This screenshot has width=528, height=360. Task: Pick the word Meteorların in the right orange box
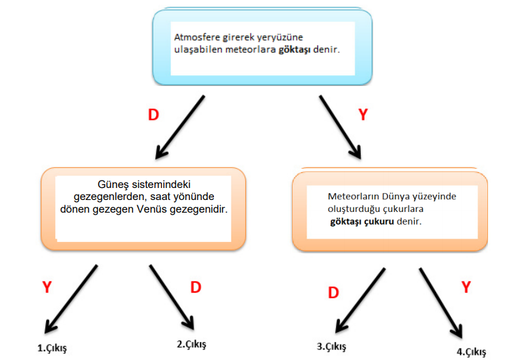point(353,197)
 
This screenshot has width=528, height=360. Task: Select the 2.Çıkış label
point(191,344)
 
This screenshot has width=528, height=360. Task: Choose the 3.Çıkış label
point(331,346)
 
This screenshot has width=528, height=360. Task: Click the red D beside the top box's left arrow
point(153,115)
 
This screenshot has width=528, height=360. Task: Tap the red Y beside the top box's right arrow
point(363,115)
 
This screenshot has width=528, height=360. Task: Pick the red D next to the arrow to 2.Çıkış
point(196,287)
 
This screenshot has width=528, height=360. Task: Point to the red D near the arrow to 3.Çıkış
point(333,292)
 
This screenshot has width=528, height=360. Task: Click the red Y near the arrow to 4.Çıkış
point(467,287)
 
